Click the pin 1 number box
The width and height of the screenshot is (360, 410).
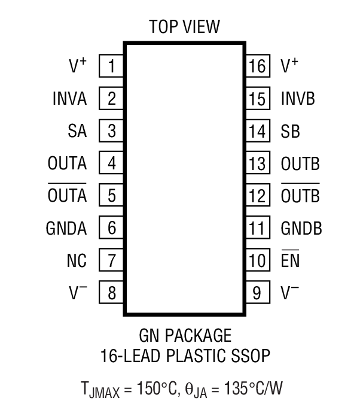[111, 66]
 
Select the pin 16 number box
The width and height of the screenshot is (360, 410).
[257, 66]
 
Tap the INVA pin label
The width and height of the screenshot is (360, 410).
[69, 98]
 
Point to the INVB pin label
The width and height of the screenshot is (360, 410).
[298, 98]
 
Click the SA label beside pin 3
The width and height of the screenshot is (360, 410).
[78, 131]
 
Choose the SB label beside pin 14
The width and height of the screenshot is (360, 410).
[291, 131]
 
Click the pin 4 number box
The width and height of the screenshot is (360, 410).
[111, 163]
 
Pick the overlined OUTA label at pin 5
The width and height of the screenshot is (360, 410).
[67, 195]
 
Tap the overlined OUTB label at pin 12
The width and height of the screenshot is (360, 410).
[300, 195]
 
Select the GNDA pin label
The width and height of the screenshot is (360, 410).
[66, 228]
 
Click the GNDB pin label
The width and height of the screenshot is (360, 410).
[301, 228]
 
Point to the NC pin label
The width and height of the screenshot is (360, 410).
[77, 260]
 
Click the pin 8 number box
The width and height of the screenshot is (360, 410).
[111, 293]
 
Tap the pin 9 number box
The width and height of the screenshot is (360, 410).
[257, 293]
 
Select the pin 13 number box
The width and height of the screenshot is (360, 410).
[257, 163]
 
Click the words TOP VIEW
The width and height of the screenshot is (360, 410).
[184, 26]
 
